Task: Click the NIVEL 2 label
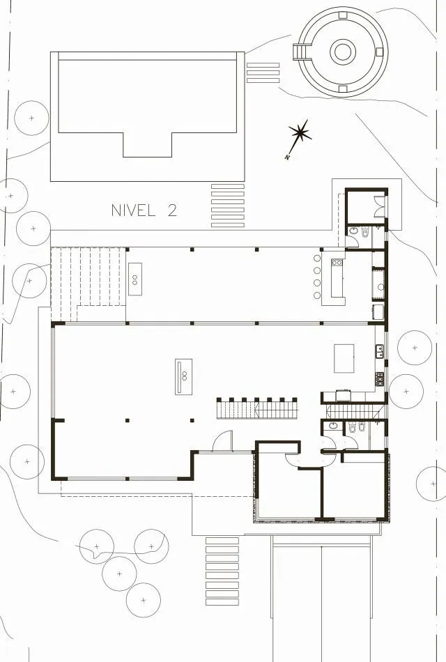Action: tap(144, 210)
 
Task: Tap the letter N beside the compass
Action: tap(287, 157)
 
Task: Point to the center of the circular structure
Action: tap(343, 52)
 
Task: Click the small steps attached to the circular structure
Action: tap(299, 52)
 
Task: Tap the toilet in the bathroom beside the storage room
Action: tap(365, 232)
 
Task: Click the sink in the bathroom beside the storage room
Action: tap(354, 231)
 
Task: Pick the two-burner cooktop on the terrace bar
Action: tap(337, 263)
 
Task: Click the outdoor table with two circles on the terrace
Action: tap(135, 279)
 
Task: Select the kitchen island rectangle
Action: tap(344, 358)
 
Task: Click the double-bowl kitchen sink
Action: tap(380, 351)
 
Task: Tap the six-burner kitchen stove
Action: tap(380, 378)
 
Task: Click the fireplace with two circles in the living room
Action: tap(184, 376)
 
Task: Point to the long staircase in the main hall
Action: tap(256, 408)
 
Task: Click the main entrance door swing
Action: tap(222, 441)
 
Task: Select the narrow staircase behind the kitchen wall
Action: tap(355, 411)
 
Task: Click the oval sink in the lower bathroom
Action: tap(333, 425)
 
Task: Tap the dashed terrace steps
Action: tap(89, 284)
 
